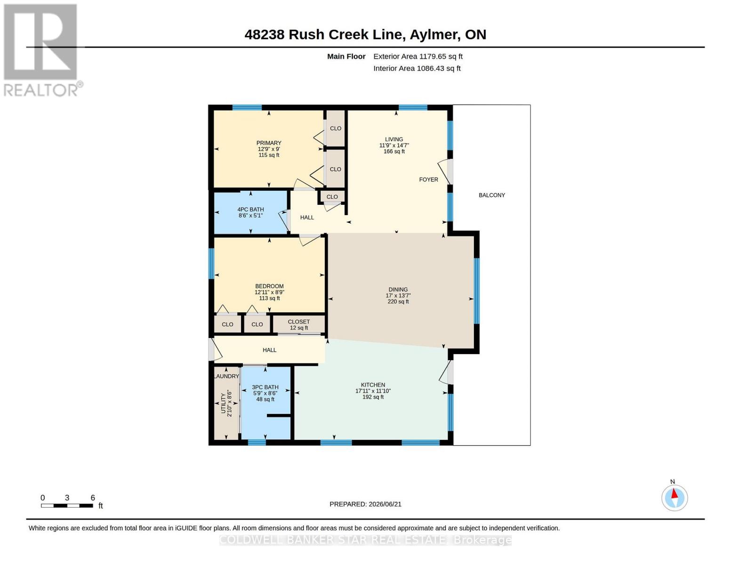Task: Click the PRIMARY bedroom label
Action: tap(269, 143)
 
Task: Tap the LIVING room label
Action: tap(394, 139)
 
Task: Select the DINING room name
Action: tap(398, 290)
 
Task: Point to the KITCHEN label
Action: tap(373, 385)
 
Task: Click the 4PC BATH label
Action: tap(250, 210)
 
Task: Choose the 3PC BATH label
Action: tap(265, 387)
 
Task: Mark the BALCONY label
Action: tap(492, 195)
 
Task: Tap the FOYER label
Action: tap(429, 180)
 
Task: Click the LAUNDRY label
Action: tap(227, 376)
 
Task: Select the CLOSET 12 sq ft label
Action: tap(299, 325)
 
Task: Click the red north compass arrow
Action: tap(675, 493)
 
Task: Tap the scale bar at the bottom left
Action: tap(67, 505)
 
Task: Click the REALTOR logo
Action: tap(41, 50)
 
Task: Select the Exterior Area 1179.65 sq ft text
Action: tap(418, 56)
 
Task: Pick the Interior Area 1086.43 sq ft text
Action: tap(417, 68)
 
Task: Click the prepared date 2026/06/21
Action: tap(385, 504)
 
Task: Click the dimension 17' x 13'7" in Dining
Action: tap(398, 296)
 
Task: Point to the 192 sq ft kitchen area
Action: tap(373, 397)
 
